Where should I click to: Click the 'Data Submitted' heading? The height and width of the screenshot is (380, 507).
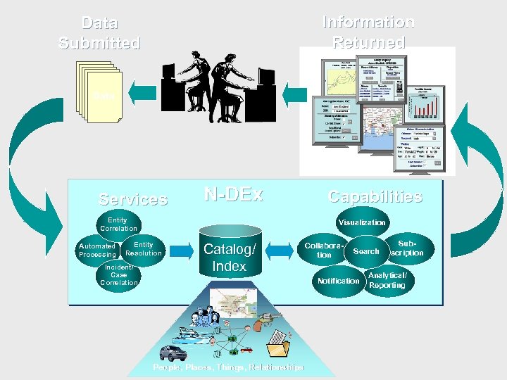point(99,33)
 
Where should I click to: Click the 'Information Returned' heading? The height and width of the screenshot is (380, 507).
point(368,32)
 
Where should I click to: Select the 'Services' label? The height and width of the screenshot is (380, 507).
point(133,199)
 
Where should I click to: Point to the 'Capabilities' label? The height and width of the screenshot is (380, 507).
point(375,196)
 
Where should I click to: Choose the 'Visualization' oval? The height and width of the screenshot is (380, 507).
point(362,222)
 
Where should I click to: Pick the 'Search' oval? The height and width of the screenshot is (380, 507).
point(365,251)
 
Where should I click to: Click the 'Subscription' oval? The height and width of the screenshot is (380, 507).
point(407,248)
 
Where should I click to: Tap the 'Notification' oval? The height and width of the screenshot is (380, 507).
point(339,281)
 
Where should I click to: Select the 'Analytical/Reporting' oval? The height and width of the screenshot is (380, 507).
point(387,280)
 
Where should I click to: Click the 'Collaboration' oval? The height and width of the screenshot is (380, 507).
point(324,250)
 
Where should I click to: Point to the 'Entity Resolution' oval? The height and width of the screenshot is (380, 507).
point(144,248)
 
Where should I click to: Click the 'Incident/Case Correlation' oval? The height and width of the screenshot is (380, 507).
point(119,275)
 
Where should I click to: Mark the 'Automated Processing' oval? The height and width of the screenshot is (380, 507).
point(97,250)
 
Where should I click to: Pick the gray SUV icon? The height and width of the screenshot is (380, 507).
point(173,352)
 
